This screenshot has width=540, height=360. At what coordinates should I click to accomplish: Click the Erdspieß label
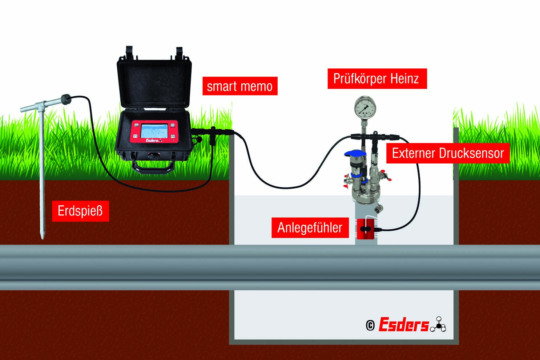coord(80,211)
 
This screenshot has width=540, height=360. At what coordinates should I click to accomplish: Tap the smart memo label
coord(239,86)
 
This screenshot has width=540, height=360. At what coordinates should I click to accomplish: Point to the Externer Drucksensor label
coord(448,153)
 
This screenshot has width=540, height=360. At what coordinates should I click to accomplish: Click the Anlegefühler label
coord(310,228)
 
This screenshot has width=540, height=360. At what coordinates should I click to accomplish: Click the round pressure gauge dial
coord(365,107)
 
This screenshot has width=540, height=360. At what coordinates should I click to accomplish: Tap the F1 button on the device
coord(136,136)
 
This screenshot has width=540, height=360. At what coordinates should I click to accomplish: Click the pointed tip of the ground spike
coord(43,236)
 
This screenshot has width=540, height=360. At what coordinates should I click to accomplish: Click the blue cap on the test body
coord(355,154)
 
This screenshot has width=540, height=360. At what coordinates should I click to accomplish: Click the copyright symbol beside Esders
coord(370,325)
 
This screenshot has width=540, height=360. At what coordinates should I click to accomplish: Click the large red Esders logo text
coord(403,324)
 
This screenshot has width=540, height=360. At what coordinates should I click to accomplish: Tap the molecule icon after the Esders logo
coord(439,324)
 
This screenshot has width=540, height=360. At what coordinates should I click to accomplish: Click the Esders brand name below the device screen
coord(152,140)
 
